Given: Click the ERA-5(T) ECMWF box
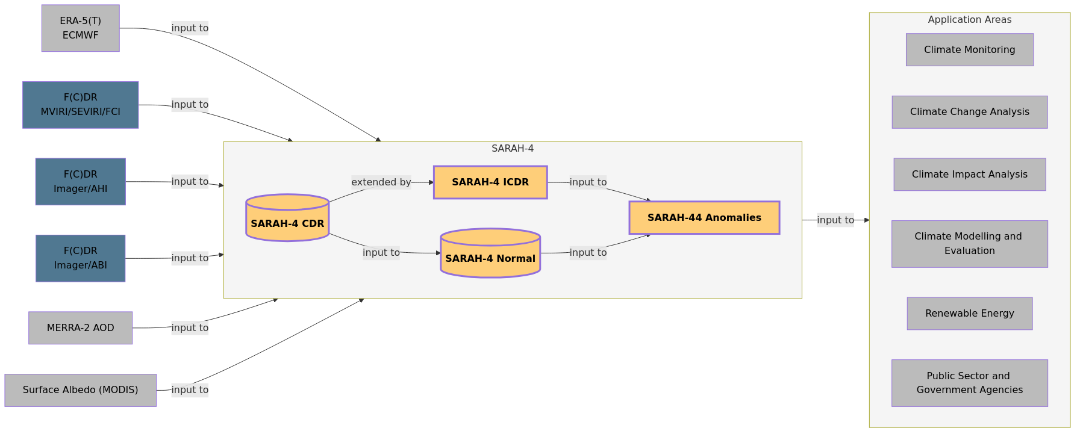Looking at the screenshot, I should coord(80,28).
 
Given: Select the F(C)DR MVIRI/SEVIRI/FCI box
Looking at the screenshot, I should coord(80,105).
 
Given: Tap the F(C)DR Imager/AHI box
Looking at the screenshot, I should coord(80,181).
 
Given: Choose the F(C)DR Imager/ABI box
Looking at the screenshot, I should coord(80,258).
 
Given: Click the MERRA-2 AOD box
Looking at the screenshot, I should coord(80,328).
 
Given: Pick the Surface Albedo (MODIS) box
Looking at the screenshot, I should coord(80,390).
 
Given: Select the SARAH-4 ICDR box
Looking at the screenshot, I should coord(490,182).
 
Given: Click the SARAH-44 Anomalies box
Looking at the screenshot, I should coord(704,218).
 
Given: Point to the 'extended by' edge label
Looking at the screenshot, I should coord(381,182).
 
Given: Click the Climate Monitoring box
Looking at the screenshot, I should coord(969,50).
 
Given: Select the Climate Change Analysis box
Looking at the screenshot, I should coord(969,112).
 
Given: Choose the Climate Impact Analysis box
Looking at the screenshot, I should coord(969,175).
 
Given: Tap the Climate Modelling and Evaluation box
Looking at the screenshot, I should coord(969,244).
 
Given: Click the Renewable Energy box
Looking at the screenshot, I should coord(969,314).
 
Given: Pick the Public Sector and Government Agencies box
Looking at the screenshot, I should coord(969,383).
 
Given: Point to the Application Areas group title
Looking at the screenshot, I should coord(969,20).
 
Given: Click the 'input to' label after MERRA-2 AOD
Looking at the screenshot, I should coord(190,328).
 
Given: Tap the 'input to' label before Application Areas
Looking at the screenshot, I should coord(835,220).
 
